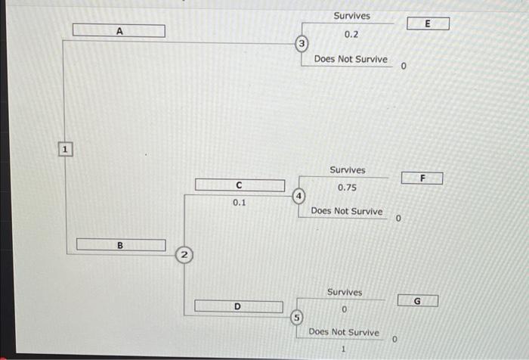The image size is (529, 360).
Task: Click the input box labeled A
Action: (119, 31)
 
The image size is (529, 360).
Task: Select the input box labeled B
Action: (120, 245)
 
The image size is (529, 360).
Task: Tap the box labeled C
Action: (240, 185)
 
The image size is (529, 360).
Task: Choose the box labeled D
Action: (238, 306)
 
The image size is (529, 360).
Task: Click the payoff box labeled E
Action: (428, 24)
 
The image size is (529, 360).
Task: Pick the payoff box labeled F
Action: (422, 178)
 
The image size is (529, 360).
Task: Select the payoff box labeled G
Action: (417, 301)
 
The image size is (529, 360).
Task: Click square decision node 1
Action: (65, 151)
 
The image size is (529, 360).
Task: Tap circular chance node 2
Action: (184, 255)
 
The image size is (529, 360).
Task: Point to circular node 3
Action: (302, 45)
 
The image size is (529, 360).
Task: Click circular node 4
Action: (299, 196)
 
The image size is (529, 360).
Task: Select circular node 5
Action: (297, 317)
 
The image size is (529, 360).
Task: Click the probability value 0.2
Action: (351, 35)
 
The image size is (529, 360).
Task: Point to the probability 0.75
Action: (347, 188)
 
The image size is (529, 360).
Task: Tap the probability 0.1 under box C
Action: (239, 203)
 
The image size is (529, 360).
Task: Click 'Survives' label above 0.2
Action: (351, 16)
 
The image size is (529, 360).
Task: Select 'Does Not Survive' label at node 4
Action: (347, 211)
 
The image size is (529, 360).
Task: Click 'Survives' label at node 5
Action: (345, 292)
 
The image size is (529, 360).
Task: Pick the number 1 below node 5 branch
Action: (343, 349)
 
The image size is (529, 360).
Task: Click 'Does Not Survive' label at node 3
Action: (351, 59)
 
